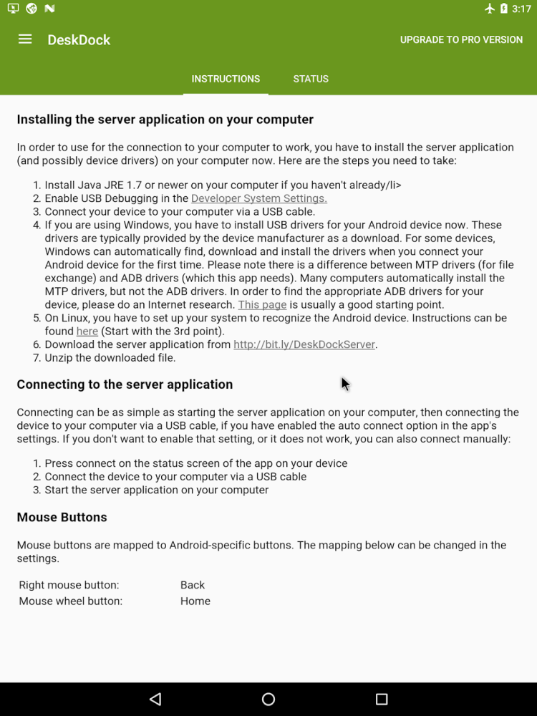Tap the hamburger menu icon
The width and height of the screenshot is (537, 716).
pyautogui.click(x=25, y=39)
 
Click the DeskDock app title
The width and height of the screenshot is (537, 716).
pyautogui.click(x=79, y=40)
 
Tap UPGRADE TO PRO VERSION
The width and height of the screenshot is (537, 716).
pyautogui.click(x=461, y=40)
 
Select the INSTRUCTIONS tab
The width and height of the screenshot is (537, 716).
pyautogui.click(x=226, y=79)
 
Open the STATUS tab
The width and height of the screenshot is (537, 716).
pyautogui.click(x=311, y=79)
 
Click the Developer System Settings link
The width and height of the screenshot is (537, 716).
pyautogui.click(x=259, y=198)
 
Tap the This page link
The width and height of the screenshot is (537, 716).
pyautogui.click(x=262, y=304)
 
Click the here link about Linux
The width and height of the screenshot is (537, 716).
pyautogui.click(x=87, y=331)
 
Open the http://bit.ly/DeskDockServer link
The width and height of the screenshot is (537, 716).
pyautogui.click(x=304, y=344)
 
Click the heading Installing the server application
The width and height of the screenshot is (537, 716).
pyautogui.click(x=165, y=120)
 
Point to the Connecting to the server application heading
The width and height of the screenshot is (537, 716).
pyautogui.click(x=125, y=384)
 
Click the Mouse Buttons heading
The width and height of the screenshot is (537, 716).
pyautogui.click(x=62, y=517)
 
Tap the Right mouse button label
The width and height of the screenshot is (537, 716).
pyautogui.click(x=69, y=585)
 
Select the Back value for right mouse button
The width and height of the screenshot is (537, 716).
pyautogui.click(x=193, y=585)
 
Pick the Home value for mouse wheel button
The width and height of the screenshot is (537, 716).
pyautogui.click(x=195, y=601)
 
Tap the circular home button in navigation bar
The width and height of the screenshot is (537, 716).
pyautogui.click(x=268, y=699)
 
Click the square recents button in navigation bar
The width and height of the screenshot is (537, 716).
pyautogui.click(x=382, y=699)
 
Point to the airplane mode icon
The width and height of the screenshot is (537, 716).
pyautogui.click(x=490, y=9)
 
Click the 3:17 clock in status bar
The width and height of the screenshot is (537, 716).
pyautogui.click(x=521, y=9)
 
